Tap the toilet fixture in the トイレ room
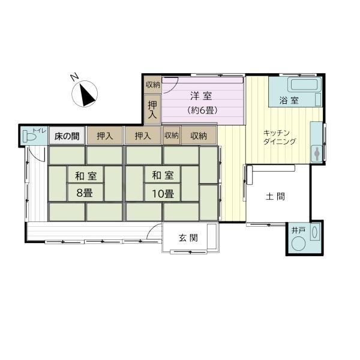(29, 136)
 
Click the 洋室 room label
(201, 95)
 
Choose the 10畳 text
(162, 193)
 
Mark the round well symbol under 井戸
(299, 244)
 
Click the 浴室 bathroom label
(289, 100)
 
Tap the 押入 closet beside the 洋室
(152, 108)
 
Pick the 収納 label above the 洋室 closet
(152, 85)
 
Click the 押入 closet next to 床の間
(105, 136)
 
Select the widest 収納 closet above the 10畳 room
(199, 136)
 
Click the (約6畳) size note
(202, 110)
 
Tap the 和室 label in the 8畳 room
(86, 176)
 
